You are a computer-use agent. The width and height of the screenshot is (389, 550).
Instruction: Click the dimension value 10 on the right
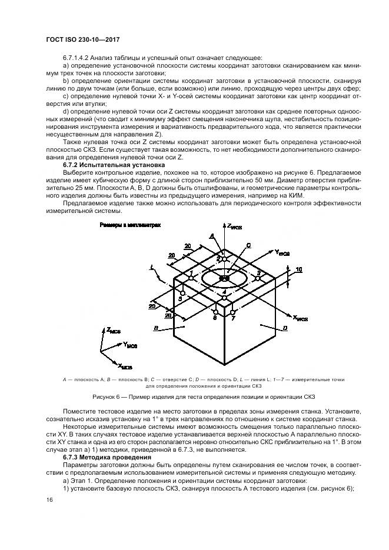point(299,269)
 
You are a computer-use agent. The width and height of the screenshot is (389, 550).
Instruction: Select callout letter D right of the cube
point(284,328)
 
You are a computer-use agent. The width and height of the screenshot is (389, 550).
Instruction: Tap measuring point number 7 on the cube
point(233,318)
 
